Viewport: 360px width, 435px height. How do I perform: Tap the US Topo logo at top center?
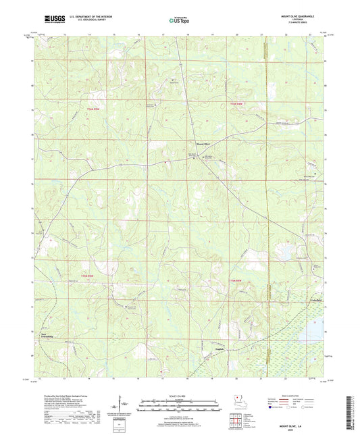[177, 22]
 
